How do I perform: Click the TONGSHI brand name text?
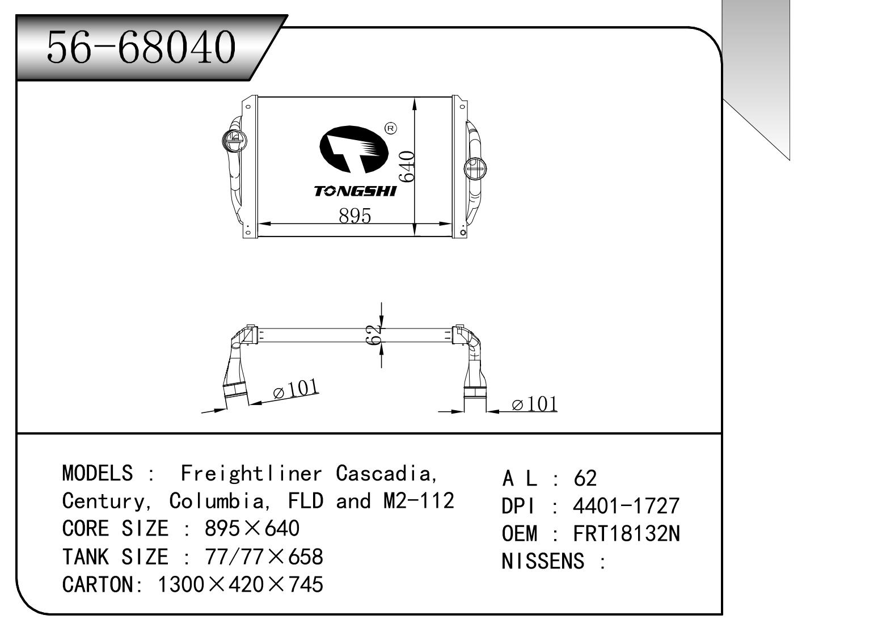[355, 192]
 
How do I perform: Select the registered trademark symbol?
[391, 129]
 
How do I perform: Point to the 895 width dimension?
[355, 216]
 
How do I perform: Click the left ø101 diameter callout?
[296, 390]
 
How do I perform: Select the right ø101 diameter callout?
[534, 404]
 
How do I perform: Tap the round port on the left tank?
[233, 139]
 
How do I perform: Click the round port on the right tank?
[475, 168]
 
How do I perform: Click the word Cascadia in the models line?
[386, 473]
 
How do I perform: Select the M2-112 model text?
[415, 501]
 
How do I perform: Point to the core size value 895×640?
[251, 529]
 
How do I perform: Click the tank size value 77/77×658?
[263, 557]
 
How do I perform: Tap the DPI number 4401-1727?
[626, 505]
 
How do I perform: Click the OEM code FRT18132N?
[626, 533]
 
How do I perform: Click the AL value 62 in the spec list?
[585, 478]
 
